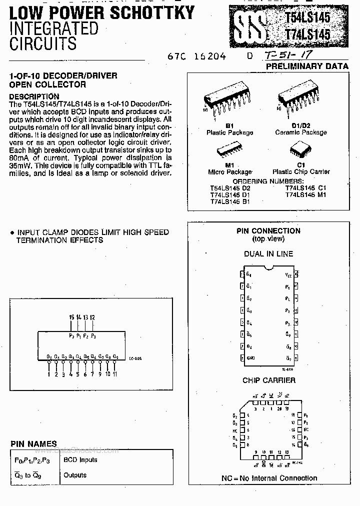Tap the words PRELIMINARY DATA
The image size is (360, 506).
pyautogui.click(x=307, y=66)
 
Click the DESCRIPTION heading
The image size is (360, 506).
pyautogui.click(x=34, y=96)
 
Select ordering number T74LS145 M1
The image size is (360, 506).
pyautogui.click(x=305, y=194)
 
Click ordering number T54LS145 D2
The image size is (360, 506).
pyautogui.click(x=230, y=188)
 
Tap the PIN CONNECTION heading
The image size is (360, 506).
pyautogui.click(x=268, y=231)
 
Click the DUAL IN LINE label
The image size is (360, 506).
pyautogui.click(x=268, y=254)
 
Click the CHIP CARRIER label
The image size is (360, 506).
pyautogui.click(x=268, y=380)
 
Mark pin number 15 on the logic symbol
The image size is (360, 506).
pyautogui.click(x=71, y=317)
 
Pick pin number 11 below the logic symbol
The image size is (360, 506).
pyautogui.click(x=115, y=374)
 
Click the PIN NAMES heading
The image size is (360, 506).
pyautogui.click(x=33, y=443)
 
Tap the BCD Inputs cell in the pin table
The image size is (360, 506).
pyautogui.click(x=80, y=459)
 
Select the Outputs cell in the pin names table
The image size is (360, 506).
pyautogui.click(x=75, y=475)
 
